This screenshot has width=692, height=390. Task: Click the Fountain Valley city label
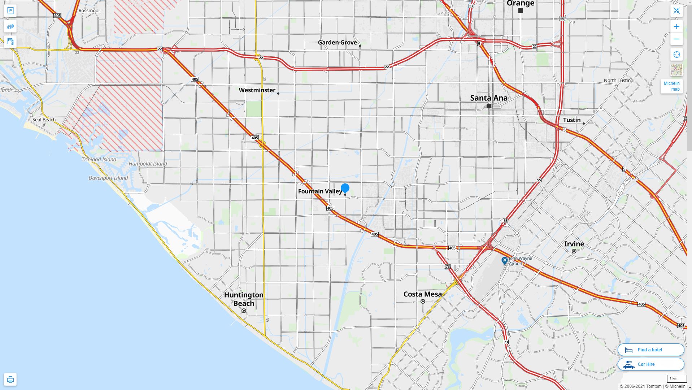click(x=320, y=191)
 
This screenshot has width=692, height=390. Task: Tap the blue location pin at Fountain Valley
click(x=345, y=188)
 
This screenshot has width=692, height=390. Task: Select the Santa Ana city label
click(x=488, y=98)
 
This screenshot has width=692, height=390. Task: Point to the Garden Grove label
click(x=337, y=43)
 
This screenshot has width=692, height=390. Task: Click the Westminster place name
click(x=257, y=90)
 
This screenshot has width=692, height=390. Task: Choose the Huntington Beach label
click(x=244, y=299)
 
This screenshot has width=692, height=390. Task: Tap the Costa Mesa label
click(x=422, y=294)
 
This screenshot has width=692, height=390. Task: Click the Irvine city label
click(x=574, y=244)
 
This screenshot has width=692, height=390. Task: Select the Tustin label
click(x=572, y=120)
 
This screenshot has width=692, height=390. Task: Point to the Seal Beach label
click(x=44, y=120)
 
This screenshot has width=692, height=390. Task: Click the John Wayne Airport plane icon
click(x=505, y=260)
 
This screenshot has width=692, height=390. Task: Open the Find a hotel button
click(x=650, y=350)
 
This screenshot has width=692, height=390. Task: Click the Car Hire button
click(x=650, y=364)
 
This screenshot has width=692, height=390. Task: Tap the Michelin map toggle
click(x=671, y=86)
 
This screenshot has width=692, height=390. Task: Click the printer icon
click(x=10, y=380)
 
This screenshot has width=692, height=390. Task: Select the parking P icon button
click(x=10, y=11)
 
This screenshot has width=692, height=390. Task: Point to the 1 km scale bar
click(x=676, y=379)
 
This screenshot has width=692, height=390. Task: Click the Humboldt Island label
click(x=148, y=164)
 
